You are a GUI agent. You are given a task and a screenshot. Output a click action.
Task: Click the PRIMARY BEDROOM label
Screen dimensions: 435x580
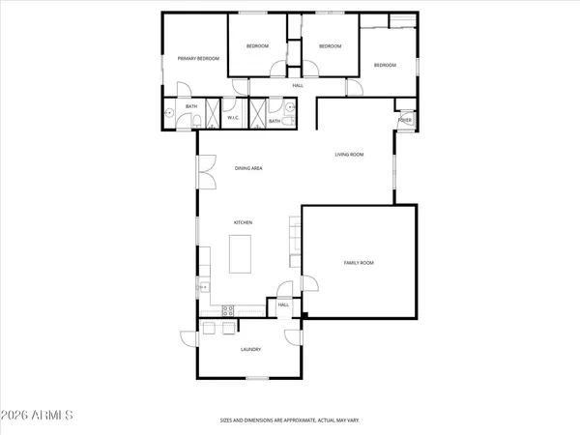(198, 59)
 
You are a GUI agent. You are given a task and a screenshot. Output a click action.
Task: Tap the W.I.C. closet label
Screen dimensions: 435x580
(233, 119)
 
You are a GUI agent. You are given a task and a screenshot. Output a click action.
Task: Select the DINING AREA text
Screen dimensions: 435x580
(248, 168)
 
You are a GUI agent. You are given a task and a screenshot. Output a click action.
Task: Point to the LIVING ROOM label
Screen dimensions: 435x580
(349, 154)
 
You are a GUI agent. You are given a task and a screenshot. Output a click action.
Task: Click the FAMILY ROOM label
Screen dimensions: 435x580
(359, 262)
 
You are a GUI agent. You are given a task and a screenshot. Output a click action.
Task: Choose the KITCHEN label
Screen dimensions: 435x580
(243, 223)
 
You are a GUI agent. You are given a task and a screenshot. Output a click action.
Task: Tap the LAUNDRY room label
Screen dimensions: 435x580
(251, 349)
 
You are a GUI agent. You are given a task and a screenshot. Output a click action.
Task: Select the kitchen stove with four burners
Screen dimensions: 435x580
(229, 309)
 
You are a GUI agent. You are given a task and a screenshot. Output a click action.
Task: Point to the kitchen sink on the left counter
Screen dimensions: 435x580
(203, 287)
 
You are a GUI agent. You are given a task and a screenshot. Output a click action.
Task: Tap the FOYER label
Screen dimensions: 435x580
(405, 119)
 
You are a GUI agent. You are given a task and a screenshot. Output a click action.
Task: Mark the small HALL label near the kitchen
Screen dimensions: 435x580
(283, 304)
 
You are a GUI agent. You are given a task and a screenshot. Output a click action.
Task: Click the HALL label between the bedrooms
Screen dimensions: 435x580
(298, 86)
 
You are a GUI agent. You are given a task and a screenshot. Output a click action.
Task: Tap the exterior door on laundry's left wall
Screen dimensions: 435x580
(188, 337)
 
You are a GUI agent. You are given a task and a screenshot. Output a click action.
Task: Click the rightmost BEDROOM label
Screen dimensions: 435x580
(385, 65)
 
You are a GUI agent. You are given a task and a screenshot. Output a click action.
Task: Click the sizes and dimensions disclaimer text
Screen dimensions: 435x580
(289, 420)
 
